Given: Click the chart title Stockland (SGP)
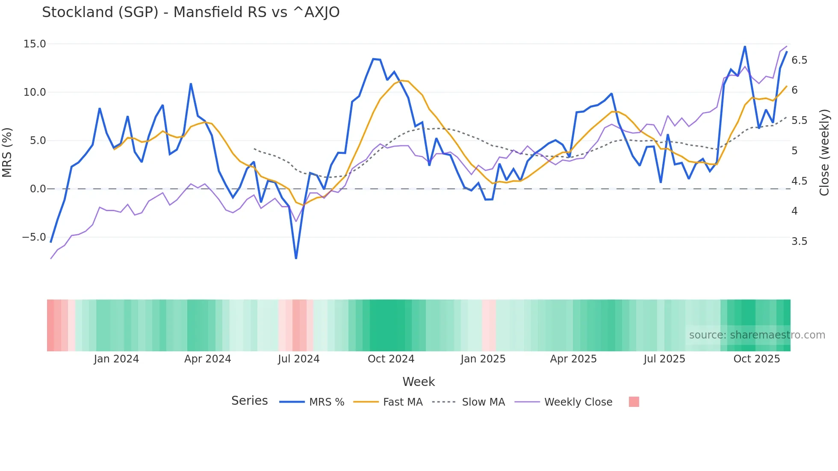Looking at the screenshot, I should tap(191, 12).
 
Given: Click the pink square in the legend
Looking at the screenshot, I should tap(634, 402).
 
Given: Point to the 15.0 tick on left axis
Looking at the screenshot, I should tap(35, 44).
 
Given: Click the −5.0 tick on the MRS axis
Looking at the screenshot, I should tap(34, 237).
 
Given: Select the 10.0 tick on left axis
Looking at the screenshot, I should tap(35, 92).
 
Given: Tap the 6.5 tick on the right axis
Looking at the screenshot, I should tap(799, 60).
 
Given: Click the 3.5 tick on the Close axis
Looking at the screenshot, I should tap(799, 241).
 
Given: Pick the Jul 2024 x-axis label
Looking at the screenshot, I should tap(298, 359).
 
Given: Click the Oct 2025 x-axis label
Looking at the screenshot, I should tap(756, 359).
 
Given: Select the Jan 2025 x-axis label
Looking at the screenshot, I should tap(483, 359).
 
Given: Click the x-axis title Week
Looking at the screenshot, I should tap(419, 382).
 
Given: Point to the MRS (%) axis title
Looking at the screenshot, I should tap(7, 152).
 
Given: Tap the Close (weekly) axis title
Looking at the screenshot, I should tap(824, 152).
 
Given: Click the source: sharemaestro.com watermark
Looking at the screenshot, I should tap(757, 335).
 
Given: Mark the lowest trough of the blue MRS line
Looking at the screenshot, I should tap(296, 258).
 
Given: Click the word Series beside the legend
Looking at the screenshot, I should tap(249, 401).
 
